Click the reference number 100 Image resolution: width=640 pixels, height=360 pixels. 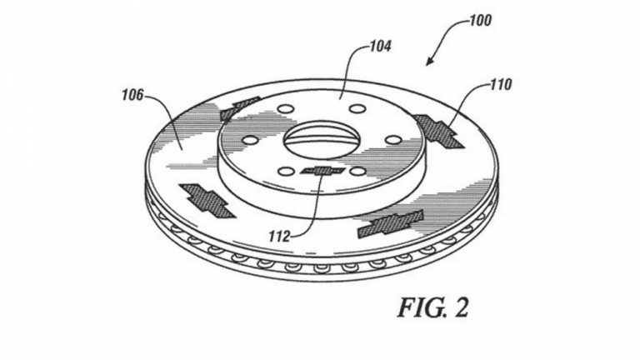(x=480, y=20)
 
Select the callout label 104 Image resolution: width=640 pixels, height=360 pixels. (x=380, y=46)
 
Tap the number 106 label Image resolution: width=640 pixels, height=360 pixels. (x=132, y=96)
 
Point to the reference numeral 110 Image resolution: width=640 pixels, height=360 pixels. (x=500, y=84)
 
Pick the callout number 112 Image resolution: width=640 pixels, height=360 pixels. (x=279, y=237)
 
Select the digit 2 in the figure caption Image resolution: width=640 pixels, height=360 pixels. (x=460, y=307)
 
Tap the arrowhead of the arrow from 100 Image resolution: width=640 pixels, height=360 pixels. (x=429, y=61)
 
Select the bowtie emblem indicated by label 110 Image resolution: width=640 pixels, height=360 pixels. (x=438, y=131)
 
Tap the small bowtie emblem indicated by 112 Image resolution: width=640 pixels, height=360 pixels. (x=323, y=171)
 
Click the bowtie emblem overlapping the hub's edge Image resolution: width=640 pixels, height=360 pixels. (x=239, y=107)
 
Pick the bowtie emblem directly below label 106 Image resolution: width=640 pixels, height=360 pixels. (x=207, y=201)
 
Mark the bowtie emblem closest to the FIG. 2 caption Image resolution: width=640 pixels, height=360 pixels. (x=391, y=223)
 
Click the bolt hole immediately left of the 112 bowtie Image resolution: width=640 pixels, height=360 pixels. (x=286, y=172)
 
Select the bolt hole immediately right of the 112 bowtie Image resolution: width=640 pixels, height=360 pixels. (x=358, y=172)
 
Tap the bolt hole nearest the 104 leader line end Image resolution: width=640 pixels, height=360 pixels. (x=358, y=109)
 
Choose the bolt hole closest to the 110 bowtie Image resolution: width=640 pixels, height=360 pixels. (x=393, y=140)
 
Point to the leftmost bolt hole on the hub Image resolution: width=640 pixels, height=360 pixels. (x=250, y=140)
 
